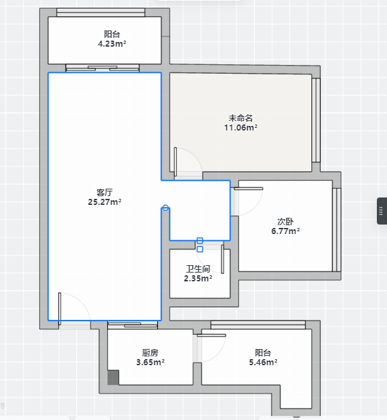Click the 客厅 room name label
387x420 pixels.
click(105, 192)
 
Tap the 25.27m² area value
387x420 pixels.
click(105, 202)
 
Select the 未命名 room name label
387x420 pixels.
click(240, 118)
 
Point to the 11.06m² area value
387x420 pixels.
click(240, 128)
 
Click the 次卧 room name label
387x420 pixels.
click(286, 222)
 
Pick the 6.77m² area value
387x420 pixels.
click(286, 231)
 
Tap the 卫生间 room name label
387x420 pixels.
click(198, 269)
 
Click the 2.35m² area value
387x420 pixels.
click(198, 278)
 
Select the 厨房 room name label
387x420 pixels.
click(151, 352)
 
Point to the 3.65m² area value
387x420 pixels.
click(151, 362)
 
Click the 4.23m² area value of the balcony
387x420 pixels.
click(112, 43)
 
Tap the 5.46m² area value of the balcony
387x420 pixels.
click(263, 362)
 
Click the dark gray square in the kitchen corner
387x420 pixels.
click(113, 377)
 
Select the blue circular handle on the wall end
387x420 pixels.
click(165, 208)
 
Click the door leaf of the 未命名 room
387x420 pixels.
click(176, 162)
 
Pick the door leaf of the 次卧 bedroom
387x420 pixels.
click(249, 189)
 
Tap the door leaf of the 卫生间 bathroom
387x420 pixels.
click(222, 259)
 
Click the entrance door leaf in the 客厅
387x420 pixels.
click(59, 308)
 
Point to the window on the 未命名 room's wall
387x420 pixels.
click(316, 120)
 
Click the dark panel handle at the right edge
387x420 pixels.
click(382, 211)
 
